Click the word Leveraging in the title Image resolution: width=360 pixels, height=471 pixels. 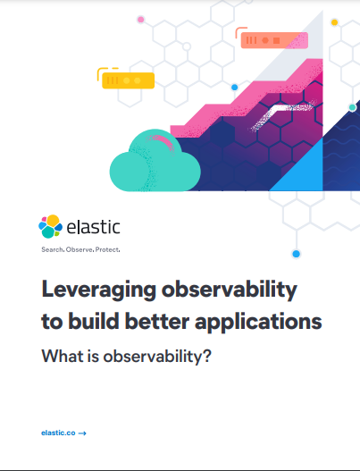click(98, 290)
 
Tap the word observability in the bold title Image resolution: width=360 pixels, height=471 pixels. click(230, 290)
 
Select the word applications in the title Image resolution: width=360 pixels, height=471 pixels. click(258, 323)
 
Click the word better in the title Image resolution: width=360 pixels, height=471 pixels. click(156, 321)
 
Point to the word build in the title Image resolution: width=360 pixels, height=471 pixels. click(94, 321)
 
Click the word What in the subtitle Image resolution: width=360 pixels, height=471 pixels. click(63, 356)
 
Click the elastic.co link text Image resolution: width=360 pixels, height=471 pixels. click(58, 433)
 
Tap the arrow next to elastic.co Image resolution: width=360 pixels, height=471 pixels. click(82, 433)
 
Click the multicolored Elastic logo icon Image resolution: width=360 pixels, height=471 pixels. click(50, 226)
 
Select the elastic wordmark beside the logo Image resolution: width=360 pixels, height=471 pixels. click(93, 227)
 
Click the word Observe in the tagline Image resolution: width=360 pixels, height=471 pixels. click(80, 249)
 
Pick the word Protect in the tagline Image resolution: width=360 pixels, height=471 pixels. click(107, 249)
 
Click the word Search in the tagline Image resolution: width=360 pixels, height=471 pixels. click(53, 249)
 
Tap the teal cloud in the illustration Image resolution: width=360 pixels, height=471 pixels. click(155, 161)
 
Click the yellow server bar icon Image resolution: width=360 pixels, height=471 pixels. click(129, 80)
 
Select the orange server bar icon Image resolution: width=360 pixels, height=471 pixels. click(274, 40)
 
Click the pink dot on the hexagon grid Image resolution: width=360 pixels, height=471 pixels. click(140, 20)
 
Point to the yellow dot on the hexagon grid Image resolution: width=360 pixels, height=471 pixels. click(334, 22)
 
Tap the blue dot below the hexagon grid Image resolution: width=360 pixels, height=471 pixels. click(297, 254)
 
